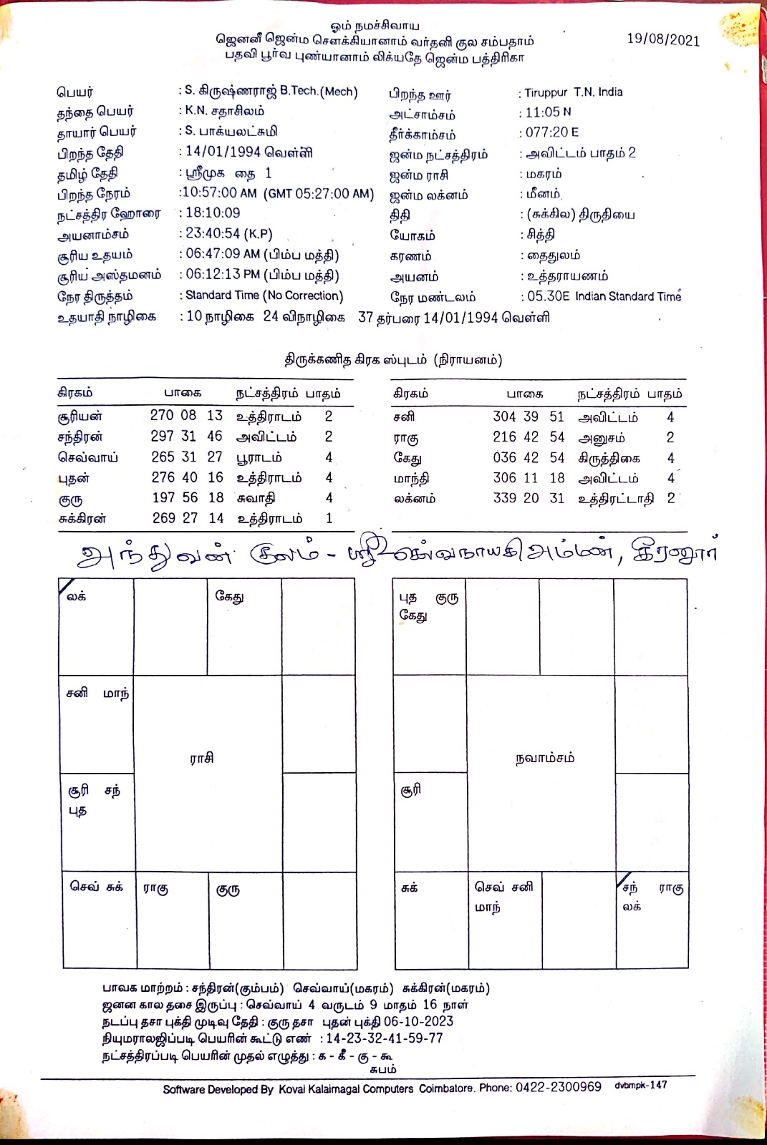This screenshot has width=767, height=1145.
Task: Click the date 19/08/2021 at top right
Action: click(x=663, y=39)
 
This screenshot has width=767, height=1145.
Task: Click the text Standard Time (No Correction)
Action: click(x=264, y=296)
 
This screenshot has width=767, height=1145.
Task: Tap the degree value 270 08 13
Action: click(x=187, y=416)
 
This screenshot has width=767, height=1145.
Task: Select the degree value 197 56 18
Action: click(x=188, y=497)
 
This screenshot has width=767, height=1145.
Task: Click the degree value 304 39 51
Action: click(x=529, y=417)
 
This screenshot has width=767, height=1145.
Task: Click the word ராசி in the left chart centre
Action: click(x=202, y=758)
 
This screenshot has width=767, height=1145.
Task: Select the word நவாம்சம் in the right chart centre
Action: click(x=544, y=758)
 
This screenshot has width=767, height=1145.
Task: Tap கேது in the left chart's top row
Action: click(x=230, y=597)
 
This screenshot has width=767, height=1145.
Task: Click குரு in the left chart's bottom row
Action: click(x=228, y=890)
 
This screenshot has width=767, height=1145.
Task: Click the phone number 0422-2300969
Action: click(x=558, y=1087)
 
